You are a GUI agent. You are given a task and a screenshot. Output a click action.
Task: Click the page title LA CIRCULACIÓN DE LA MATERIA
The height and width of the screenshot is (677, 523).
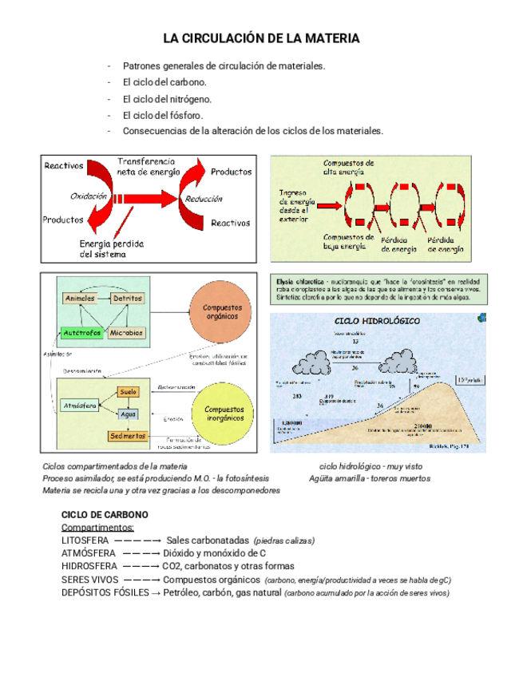point(261,38)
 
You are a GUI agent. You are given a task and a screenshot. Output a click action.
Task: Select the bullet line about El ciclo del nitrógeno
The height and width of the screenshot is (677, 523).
point(167,99)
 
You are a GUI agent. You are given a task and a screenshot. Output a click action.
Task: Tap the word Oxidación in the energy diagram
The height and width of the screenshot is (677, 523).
point(88,196)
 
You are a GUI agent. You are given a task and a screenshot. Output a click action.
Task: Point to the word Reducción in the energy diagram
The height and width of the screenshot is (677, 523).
point(204,199)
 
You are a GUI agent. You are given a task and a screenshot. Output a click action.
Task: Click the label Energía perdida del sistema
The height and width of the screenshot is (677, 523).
point(112,249)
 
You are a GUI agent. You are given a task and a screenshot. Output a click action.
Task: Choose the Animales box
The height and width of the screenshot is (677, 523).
point(79,298)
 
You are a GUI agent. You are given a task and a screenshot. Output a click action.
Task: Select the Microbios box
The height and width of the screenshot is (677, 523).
point(126,332)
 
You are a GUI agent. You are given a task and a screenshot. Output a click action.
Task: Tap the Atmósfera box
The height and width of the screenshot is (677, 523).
point(80,406)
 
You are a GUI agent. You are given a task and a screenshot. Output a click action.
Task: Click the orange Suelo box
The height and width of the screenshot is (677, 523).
point(128,393)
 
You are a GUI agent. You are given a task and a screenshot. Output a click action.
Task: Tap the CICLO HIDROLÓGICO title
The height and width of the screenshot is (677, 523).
point(375,320)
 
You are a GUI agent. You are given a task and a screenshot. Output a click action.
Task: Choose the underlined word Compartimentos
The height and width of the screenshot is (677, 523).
point(97,528)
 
